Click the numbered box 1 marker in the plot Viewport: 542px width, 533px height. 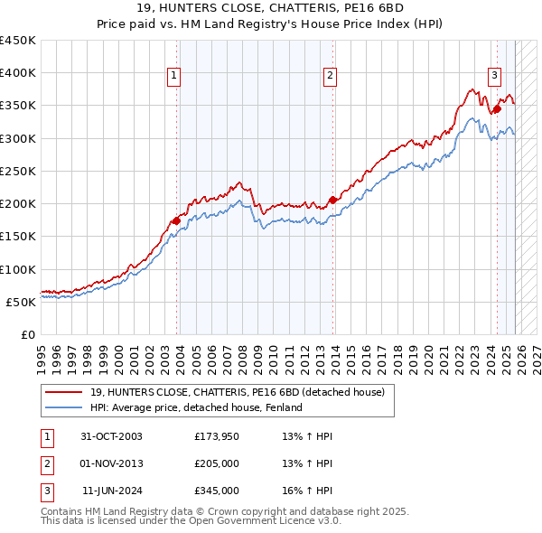click(x=173, y=77)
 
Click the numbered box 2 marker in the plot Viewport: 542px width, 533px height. click(x=331, y=77)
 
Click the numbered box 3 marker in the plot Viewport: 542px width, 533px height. click(x=494, y=77)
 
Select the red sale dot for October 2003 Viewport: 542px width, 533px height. click(x=176, y=220)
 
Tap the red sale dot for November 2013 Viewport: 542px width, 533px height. click(x=333, y=200)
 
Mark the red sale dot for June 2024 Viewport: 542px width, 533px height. click(x=497, y=109)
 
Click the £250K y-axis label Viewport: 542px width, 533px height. click(x=17, y=171)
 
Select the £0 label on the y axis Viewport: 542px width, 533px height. click(x=27, y=334)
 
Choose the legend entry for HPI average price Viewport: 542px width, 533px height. click(x=195, y=407)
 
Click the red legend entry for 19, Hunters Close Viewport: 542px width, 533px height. click(x=237, y=392)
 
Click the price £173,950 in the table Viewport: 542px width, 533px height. click(x=217, y=436)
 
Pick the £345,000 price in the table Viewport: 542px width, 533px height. click(x=217, y=491)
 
